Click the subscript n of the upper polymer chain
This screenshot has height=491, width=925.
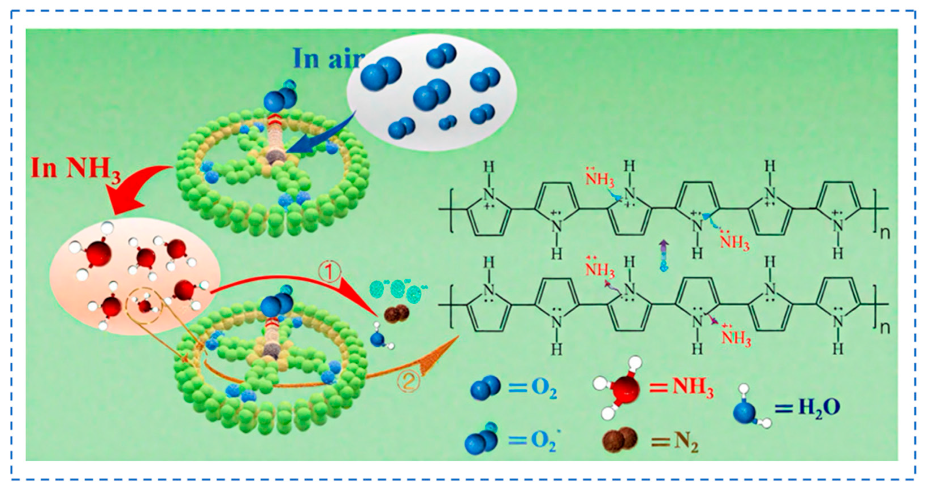coord(885,233)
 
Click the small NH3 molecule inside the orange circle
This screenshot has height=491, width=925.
coord(145,306)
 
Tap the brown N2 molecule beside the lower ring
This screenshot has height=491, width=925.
coord(396,314)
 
